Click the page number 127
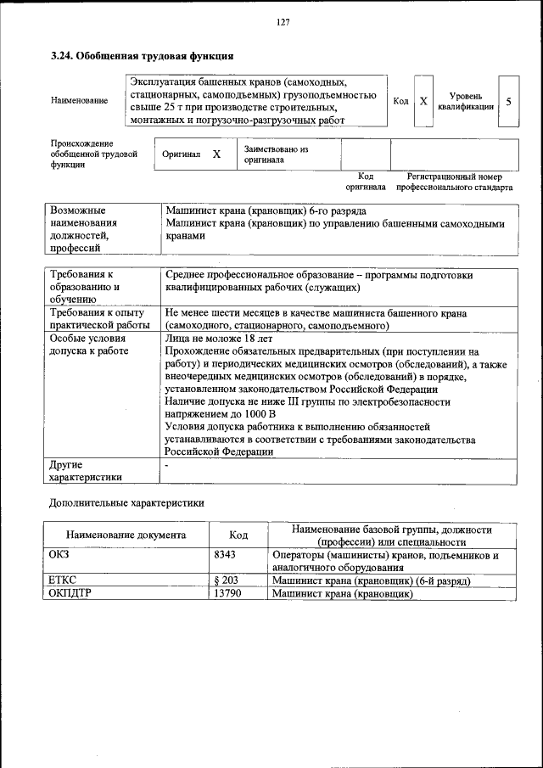tap(283, 23)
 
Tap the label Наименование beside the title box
tap(79, 101)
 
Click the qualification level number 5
tap(508, 101)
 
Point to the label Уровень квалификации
tap(466, 102)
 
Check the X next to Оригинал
tap(216, 154)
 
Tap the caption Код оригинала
tap(366, 182)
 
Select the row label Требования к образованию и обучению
tap(84, 287)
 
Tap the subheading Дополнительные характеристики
tap(126, 502)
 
